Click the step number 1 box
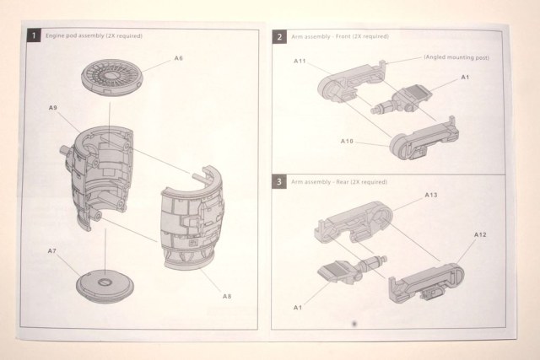(33, 36)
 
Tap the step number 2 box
(278, 37)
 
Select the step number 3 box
(278, 180)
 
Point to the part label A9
(53, 108)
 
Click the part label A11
(300, 62)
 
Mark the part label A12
(480, 233)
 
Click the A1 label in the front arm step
(465, 77)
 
